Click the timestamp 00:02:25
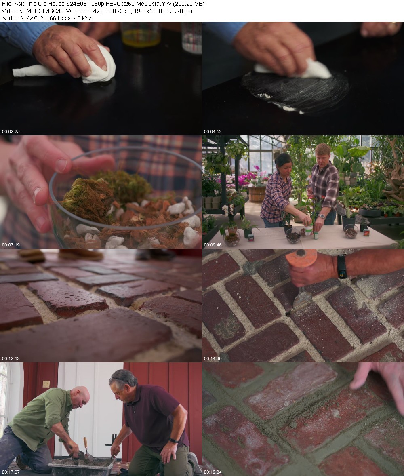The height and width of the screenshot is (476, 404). [x=11, y=131]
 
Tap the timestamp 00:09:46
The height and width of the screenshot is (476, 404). [x=213, y=245]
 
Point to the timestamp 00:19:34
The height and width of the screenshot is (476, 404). [x=213, y=472]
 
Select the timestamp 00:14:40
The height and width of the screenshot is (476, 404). [x=213, y=358]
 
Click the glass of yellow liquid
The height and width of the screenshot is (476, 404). [x=140, y=34]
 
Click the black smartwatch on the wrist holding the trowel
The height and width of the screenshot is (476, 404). [x=342, y=266]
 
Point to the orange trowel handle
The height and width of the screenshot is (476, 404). [x=301, y=258]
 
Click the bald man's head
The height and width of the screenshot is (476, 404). [x=80, y=397]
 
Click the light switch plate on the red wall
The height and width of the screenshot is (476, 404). [x=46, y=384]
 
